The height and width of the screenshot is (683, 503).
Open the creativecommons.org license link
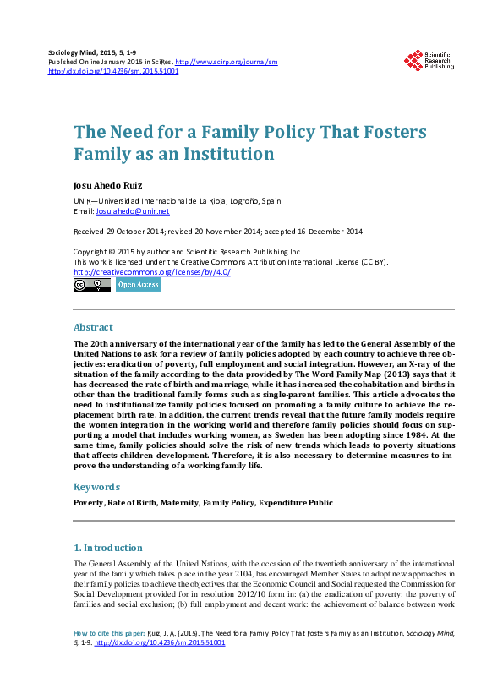coord(152,272)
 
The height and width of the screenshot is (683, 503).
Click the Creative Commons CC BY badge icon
coord(91,286)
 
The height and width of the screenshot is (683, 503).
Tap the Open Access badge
coord(138,286)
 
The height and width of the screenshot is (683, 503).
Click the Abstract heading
coord(93,327)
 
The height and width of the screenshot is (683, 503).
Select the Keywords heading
coord(96,487)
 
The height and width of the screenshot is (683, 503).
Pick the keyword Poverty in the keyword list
coord(89,503)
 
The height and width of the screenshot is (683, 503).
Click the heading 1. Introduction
coord(108,548)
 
